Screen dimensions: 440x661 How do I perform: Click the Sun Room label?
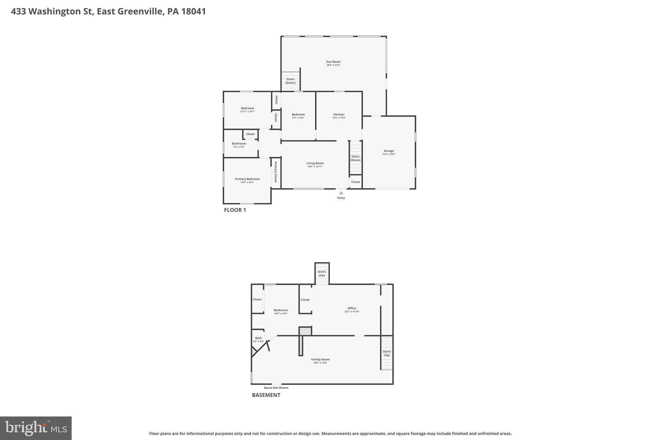tap(333, 62)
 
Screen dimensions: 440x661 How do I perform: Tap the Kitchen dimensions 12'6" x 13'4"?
tap(339, 118)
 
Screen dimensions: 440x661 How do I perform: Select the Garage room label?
tap(389, 151)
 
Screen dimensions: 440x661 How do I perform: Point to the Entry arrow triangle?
tap(341, 193)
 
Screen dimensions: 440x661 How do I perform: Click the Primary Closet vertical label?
tap(276, 172)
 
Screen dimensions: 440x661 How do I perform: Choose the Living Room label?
tap(315, 163)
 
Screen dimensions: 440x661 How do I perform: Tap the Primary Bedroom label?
tap(247, 179)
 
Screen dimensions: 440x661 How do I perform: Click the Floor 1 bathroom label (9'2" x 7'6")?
tap(239, 144)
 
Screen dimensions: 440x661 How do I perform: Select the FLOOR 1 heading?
tap(235, 210)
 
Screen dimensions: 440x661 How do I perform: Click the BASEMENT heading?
tap(266, 395)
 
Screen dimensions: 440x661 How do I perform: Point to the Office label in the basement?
tap(352, 308)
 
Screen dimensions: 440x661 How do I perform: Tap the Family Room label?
tap(320, 359)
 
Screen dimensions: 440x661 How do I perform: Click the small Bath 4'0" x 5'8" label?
tap(259, 338)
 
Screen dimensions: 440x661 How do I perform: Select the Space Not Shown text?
tap(276, 388)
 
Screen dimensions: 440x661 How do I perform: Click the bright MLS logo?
tap(36, 428)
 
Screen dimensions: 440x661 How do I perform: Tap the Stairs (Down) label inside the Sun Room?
tap(290, 81)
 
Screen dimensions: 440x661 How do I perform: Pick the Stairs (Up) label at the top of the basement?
tap(322, 273)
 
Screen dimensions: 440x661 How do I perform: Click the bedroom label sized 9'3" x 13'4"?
tap(298, 114)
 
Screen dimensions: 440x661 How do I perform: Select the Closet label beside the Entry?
tap(356, 182)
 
